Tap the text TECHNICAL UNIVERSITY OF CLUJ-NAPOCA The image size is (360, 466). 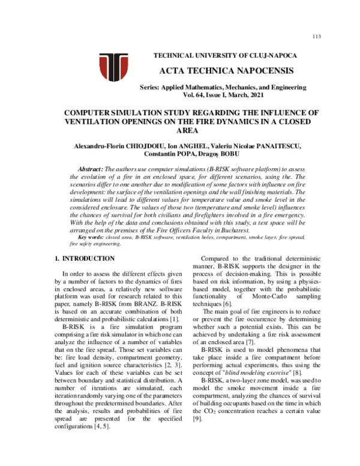pos(226,55)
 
